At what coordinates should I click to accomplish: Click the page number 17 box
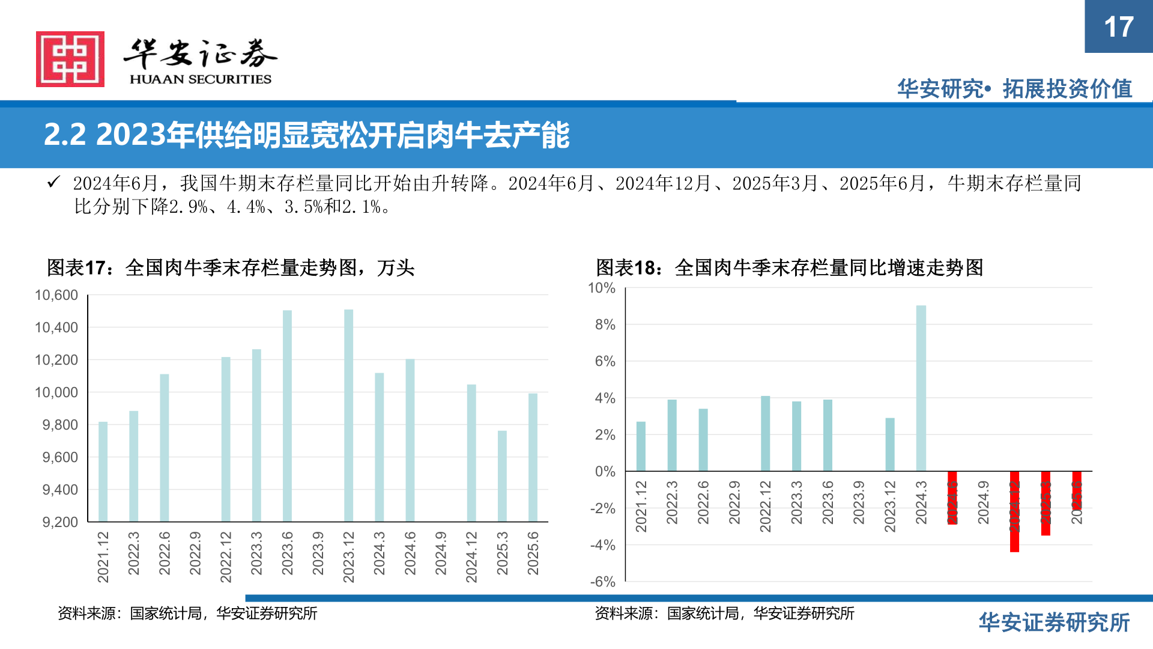1118,26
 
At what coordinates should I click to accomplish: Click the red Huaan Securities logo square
70,59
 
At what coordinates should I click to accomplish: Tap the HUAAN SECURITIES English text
201,79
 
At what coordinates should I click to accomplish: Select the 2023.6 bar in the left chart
287,415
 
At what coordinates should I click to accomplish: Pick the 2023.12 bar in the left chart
348,415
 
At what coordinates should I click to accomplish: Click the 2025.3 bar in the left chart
502,475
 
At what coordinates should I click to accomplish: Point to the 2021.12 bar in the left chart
103,471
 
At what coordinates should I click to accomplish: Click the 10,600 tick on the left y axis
56,295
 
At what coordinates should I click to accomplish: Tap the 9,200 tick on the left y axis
60,522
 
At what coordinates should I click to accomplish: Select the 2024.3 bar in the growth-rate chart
921,388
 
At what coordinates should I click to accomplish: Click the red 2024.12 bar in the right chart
1014,511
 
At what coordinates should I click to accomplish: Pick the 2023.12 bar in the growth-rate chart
890,444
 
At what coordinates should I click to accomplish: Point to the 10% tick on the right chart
602,288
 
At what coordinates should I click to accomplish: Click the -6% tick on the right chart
603,581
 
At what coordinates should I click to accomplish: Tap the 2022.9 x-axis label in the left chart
195,553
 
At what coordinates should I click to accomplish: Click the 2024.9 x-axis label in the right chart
983,502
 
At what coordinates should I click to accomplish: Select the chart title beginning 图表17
231,267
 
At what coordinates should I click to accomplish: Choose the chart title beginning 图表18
789,267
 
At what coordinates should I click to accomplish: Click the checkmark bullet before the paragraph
53,182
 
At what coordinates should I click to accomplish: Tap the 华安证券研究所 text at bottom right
1054,623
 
